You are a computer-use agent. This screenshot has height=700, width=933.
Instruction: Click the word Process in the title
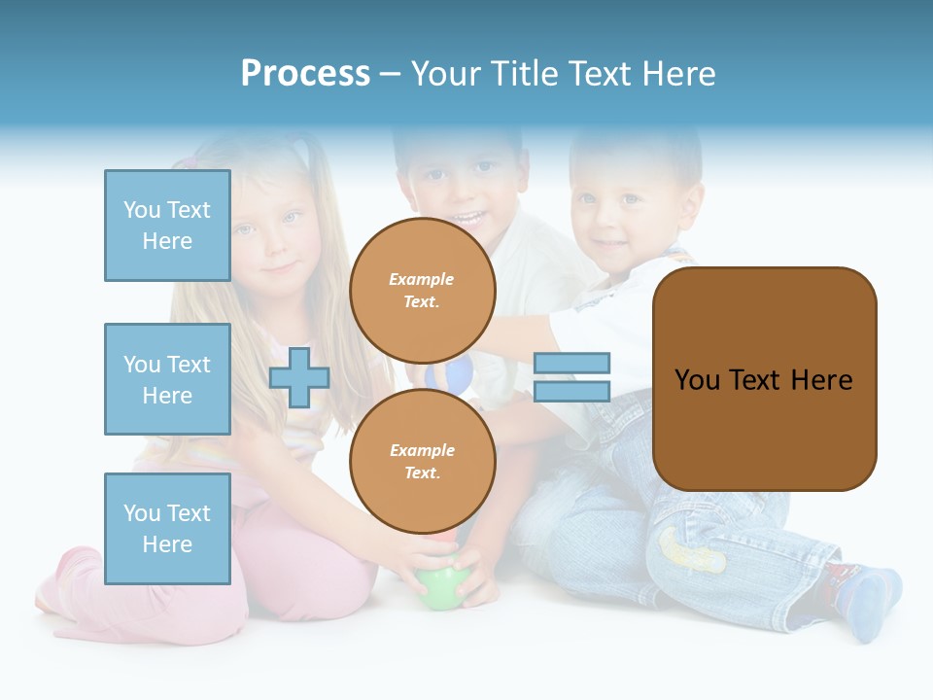click(x=305, y=74)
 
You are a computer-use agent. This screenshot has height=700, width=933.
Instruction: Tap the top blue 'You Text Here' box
click(x=167, y=226)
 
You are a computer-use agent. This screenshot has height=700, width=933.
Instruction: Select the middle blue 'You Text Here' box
click(x=167, y=379)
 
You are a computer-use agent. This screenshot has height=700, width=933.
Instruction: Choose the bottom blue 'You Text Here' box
click(x=167, y=529)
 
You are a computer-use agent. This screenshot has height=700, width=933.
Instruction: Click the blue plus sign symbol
click(x=299, y=377)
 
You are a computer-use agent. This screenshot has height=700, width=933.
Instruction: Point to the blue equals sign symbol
click(x=571, y=377)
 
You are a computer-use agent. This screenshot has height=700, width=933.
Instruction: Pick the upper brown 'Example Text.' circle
click(x=422, y=291)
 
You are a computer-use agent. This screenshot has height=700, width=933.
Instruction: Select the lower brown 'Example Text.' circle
click(x=422, y=462)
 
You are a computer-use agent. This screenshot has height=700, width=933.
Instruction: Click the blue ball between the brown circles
click(x=458, y=372)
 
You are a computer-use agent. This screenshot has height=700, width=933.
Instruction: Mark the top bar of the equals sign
click(x=571, y=364)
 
